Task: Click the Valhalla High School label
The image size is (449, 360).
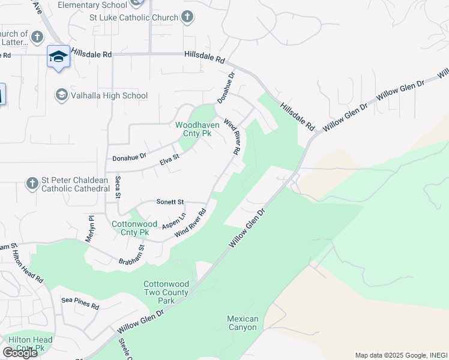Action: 109,95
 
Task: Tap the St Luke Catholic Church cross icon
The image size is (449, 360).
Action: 187,17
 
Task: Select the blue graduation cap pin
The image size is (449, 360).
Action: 58,57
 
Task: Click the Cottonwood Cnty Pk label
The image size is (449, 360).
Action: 130,228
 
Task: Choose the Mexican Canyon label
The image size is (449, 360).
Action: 243,323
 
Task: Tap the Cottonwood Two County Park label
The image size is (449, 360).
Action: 166,292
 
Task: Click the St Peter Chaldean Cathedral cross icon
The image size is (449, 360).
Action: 32,182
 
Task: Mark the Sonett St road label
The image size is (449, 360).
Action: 170,202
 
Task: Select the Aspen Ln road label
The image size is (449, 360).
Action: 175,221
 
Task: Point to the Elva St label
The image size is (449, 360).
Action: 170,158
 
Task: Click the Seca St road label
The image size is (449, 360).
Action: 118,188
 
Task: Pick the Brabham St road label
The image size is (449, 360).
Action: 142,256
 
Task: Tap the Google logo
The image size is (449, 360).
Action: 20,352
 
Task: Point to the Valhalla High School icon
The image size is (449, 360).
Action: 61,95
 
